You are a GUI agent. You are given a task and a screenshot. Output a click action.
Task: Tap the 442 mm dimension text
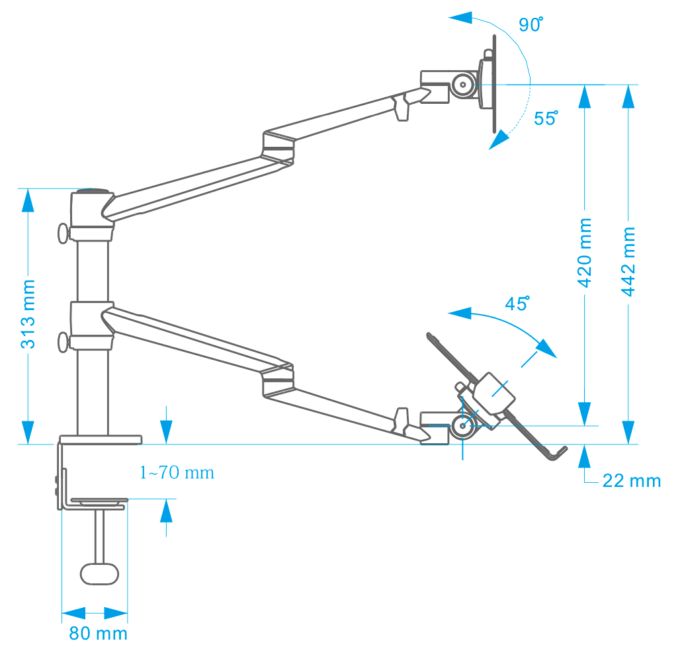point(629,261)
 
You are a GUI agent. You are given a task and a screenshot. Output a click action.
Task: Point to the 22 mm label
point(631,481)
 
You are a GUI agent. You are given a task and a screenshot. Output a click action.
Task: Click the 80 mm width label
point(98,633)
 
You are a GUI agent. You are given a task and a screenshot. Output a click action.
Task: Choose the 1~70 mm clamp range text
point(177,473)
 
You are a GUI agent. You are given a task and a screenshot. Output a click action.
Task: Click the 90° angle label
point(531,25)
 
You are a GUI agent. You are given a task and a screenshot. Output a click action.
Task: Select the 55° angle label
point(546,119)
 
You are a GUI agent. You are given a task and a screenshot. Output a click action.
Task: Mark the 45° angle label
point(517,304)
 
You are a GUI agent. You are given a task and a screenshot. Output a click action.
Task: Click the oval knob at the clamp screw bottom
point(100,573)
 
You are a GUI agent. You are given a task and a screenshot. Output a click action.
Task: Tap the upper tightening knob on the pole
point(63,233)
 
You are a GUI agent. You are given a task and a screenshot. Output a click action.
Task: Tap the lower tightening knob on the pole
point(63,342)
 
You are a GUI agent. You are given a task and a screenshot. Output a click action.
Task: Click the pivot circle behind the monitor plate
point(462,85)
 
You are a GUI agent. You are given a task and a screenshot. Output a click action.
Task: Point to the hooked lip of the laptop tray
point(558,452)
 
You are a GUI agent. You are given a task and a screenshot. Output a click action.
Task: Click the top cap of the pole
point(91,192)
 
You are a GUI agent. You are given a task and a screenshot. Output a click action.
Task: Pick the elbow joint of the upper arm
point(278,149)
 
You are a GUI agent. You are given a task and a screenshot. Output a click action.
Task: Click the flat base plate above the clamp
point(101,439)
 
